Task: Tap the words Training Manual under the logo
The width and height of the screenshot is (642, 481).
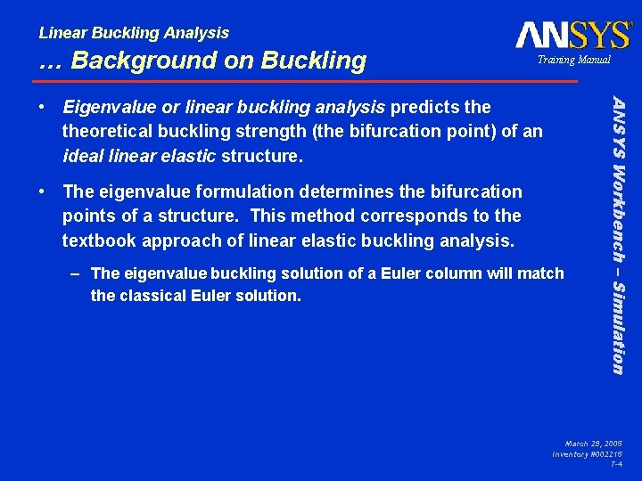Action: tap(572, 60)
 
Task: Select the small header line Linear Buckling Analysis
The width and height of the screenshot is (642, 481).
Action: tap(134, 33)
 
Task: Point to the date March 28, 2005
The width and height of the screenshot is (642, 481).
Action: tap(594, 443)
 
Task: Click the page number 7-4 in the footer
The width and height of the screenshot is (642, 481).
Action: tap(615, 464)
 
